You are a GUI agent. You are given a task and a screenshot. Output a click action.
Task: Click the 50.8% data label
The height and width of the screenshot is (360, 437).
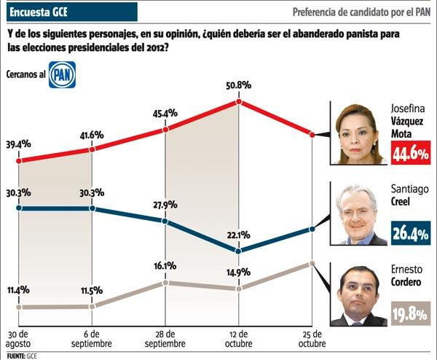point(238,85)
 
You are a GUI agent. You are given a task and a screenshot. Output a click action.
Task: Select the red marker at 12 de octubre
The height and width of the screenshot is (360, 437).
point(238,101)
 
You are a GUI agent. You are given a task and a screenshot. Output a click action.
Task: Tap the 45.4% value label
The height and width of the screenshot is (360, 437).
point(165,114)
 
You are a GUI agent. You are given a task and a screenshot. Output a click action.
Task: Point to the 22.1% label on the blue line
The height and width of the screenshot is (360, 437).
point(238,235)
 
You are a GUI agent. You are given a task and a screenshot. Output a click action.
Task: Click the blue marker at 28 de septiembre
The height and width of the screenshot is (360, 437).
point(165,221)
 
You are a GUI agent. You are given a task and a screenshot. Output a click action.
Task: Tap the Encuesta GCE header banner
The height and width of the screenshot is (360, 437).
point(68,12)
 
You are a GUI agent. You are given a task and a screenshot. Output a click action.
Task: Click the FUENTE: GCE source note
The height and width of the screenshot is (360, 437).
point(20,356)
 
